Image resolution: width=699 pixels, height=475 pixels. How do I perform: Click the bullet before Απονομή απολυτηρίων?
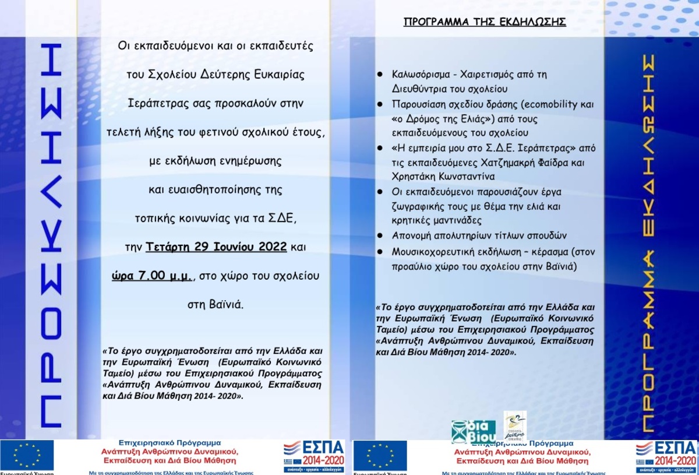[x=380, y=235]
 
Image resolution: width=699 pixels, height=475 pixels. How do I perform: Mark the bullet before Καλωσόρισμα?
[x=380, y=75]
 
